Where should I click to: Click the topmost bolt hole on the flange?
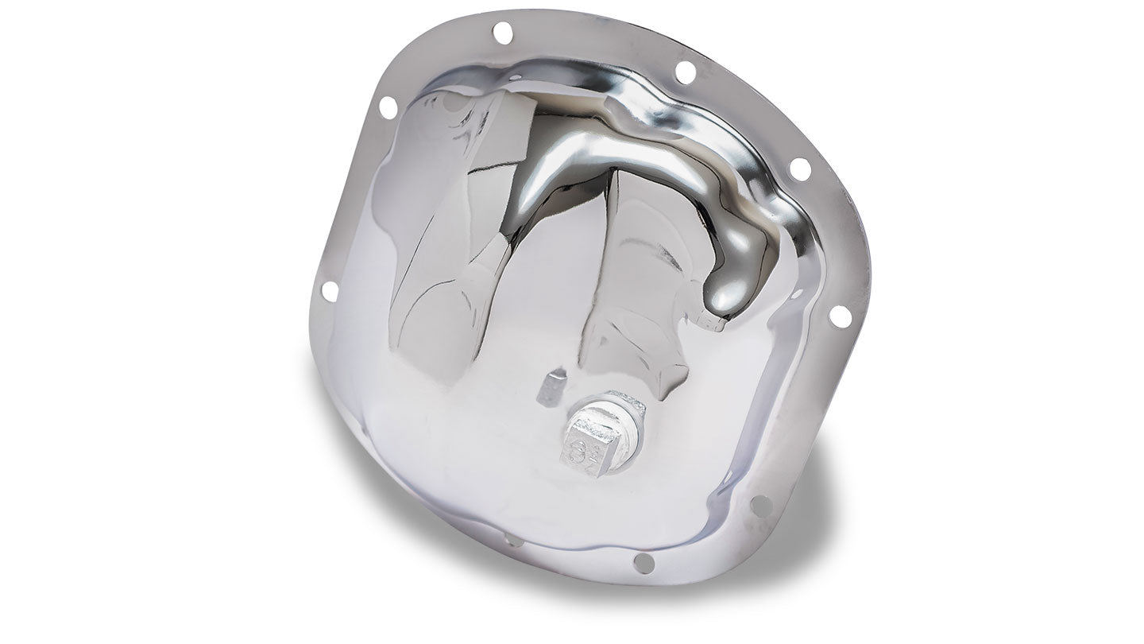point(502,33)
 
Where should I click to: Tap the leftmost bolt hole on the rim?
point(329,291)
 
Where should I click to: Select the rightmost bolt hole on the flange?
point(840,316)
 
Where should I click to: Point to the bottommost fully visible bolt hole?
point(643,563)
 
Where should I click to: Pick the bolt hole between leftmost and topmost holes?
point(388,107)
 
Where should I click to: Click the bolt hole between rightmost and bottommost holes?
point(760,505)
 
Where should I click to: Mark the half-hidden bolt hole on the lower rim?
point(512,541)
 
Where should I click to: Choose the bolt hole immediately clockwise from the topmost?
point(685,72)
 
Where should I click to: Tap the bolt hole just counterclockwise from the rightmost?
point(800,169)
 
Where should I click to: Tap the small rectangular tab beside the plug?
point(551,387)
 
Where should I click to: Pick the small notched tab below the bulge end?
point(712,323)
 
